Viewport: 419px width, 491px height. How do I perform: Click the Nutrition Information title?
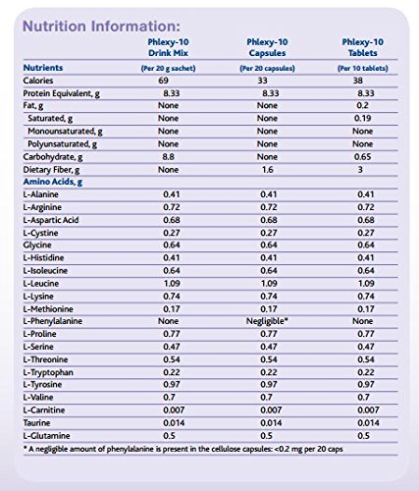pyautogui.click(x=101, y=27)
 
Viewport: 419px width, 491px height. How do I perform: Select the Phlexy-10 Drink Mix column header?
pyautogui.click(x=168, y=47)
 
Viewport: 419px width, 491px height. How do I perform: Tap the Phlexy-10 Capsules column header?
pyautogui.click(x=267, y=47)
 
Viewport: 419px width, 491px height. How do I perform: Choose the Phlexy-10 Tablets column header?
pyautogui.click(x=362, y=47)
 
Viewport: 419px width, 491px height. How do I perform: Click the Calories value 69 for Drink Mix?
pyautogui.click(x=163, y=81)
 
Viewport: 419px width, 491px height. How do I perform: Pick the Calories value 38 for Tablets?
pyautogui.click(x=358, y=81)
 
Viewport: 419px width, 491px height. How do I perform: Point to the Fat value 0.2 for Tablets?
pyautogui.click(x=362, y=105)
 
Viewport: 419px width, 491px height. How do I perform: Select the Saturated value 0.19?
pyautogui.click(x=362, y=118)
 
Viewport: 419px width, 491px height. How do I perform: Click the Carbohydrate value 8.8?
pyautogui.click(x=168, y=157)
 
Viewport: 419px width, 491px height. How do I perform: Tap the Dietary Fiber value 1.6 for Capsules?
pyautogui.click(x=267, y=170)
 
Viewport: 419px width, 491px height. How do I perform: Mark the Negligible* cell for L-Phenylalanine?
pyautogui.click(x=267, y=321)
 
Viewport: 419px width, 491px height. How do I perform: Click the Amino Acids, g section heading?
pyautogui.click(x=53, y=182)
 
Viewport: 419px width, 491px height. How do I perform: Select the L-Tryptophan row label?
pyautogui.click(x=48, y=372)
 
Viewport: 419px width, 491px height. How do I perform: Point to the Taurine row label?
pyautogui.click(x=36, y=423)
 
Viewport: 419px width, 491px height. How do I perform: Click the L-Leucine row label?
pyautogui.click(x=41, y=284)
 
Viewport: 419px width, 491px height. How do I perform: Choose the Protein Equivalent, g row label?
pyautogui.click(x=61, y=93)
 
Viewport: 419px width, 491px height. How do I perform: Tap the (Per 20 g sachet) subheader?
pyautogui.click(x=168, y=69)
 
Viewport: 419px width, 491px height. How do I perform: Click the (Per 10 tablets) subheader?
pyautogui.click(x=363, y=69)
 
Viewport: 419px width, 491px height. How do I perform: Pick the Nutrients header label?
pyautogui.click(x=43, y=68)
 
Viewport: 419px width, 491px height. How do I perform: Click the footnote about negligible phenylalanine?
pyautogui.click(x=183, y=449)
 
